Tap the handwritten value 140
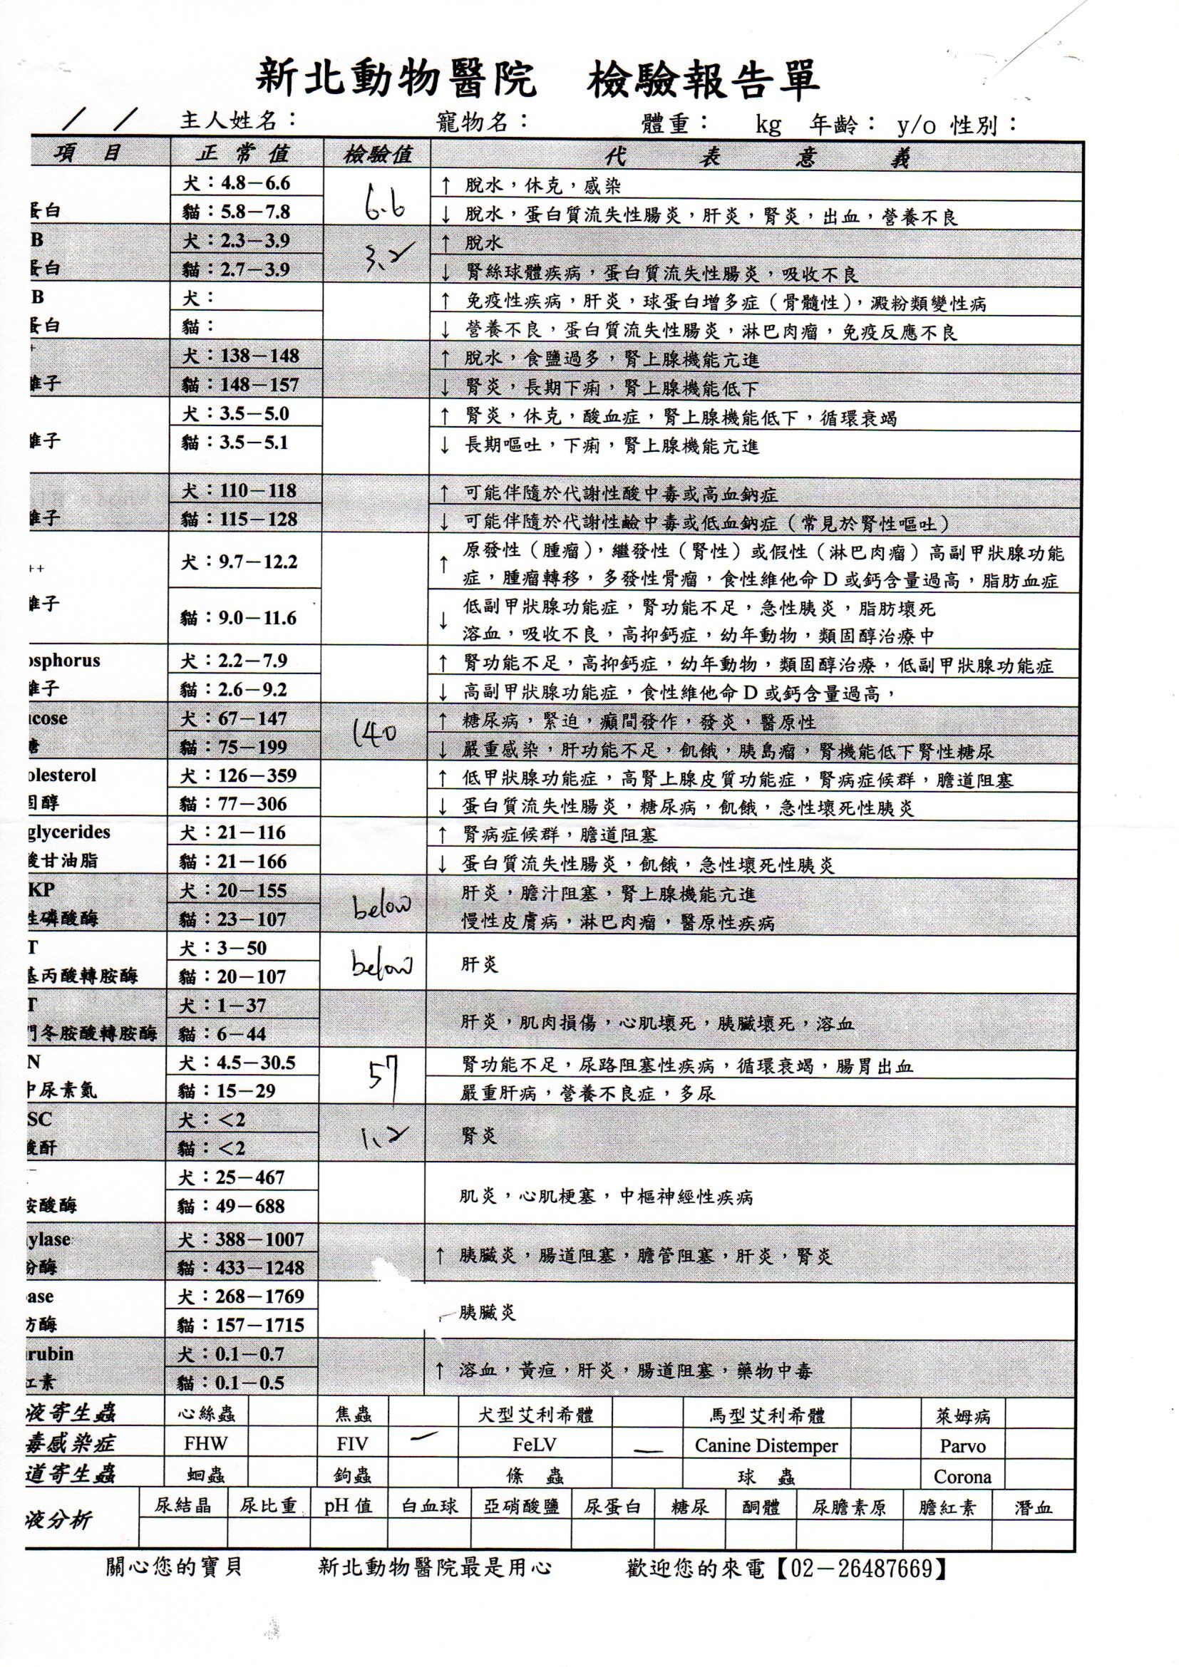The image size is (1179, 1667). (375, 731)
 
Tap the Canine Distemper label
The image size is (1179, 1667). (766, 1445)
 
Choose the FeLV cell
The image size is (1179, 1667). (535, 1445)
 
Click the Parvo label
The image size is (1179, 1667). (962, 1446)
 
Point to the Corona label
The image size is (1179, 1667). (962, 1477)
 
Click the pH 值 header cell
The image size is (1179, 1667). (349, 1506)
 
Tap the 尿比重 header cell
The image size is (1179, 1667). (268, 1506)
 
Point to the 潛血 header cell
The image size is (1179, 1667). (1032, 1506)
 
